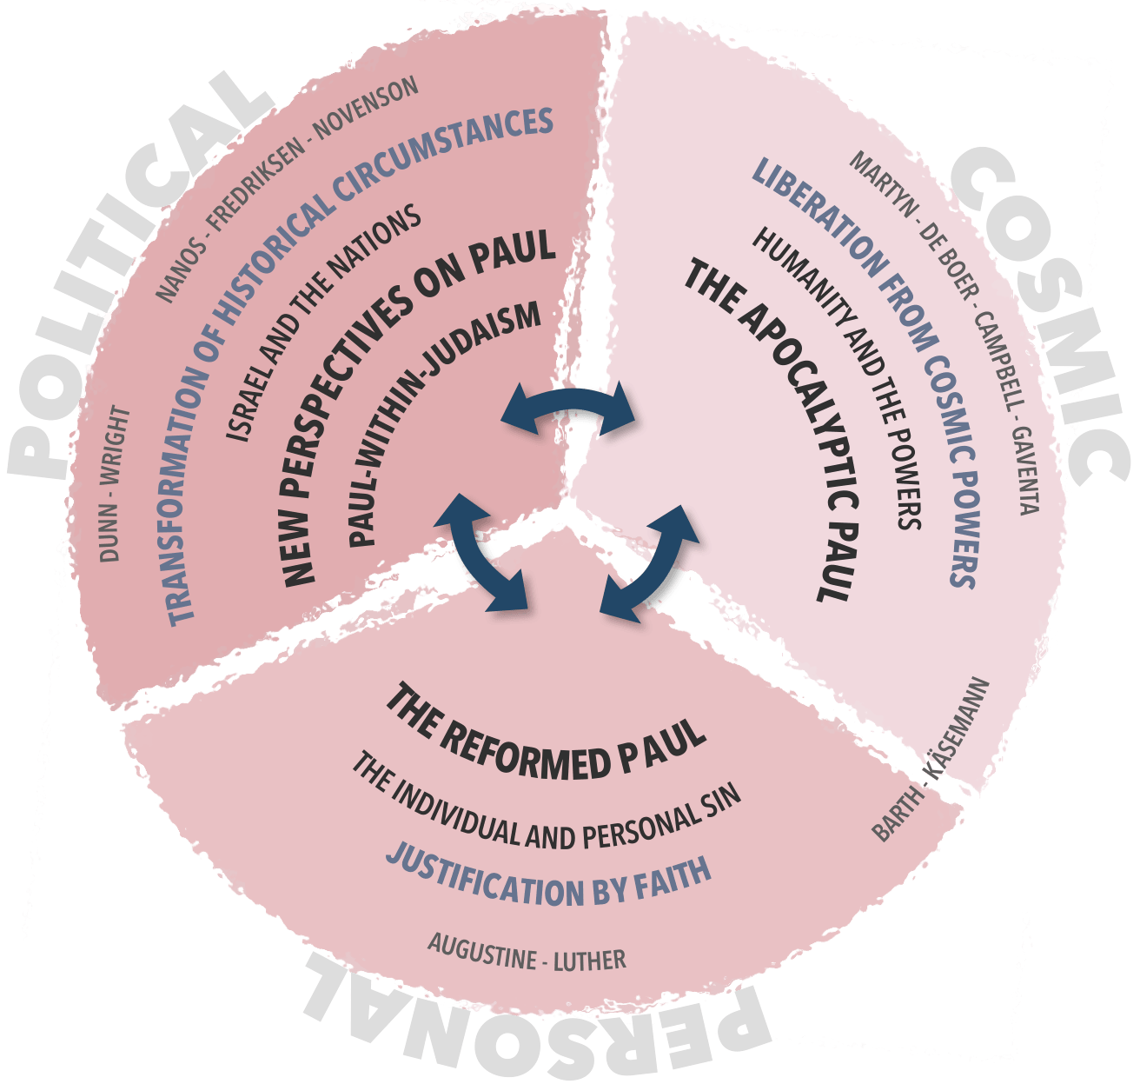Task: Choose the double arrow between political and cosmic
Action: coord(570,409)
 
